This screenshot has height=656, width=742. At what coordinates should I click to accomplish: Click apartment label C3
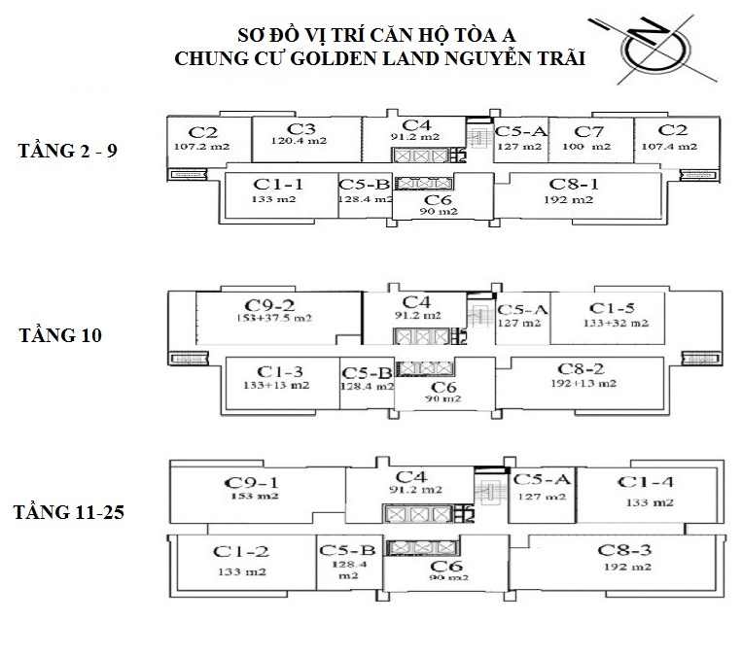tap(302, 129)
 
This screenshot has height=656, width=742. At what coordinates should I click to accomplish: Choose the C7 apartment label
tap(585, 131)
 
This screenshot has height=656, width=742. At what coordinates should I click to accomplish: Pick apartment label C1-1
tap(279, 183)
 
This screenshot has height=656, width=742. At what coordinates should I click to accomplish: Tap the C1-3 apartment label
tap(280, 370)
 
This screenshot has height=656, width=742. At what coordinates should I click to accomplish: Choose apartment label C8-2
tap(582, 368)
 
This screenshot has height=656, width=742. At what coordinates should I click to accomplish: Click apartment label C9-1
tap(252, 482)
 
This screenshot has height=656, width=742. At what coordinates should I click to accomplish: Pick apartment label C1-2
tap(241, 551)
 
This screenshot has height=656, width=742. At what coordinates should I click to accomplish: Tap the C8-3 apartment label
tap(625, 550)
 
